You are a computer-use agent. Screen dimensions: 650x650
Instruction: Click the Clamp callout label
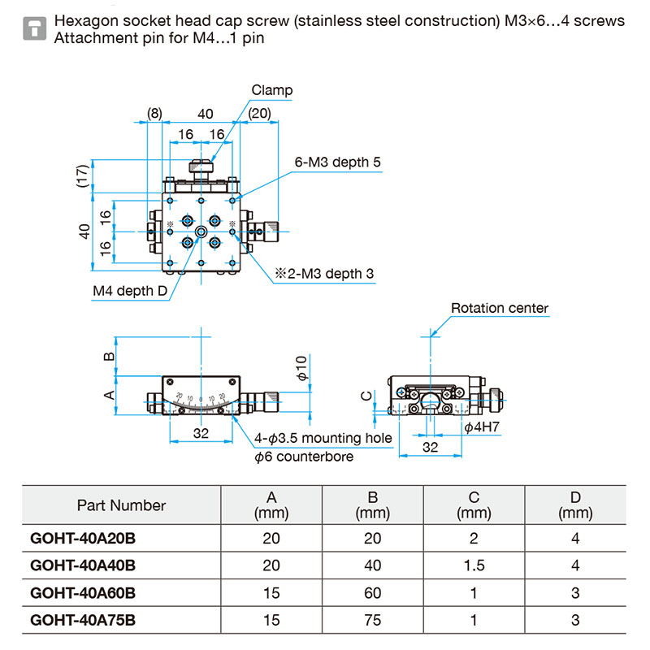click(x=271, y=91)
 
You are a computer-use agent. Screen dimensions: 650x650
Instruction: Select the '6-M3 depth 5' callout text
click(x=336, y=162)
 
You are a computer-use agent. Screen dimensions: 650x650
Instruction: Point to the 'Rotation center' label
click(x=500, y=309)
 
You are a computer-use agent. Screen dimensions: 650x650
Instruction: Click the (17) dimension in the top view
click(x=81, y=175)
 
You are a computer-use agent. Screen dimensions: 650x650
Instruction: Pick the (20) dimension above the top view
click(x=260, y=114)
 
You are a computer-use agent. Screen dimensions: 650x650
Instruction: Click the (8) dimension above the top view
click(x=154, y=114)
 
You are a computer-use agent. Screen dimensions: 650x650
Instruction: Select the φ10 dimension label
click(x=301, y=368)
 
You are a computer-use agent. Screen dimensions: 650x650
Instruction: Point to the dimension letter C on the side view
click(x=366, y=396)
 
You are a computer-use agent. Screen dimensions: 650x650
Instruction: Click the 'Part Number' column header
click(x=121, y=505)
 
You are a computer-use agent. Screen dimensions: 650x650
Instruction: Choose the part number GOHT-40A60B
click(x=82, y=593)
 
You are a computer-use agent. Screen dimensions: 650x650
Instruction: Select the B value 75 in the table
click(x=373, y=621)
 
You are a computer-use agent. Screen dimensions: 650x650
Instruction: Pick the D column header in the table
click(x=574, y=505)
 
